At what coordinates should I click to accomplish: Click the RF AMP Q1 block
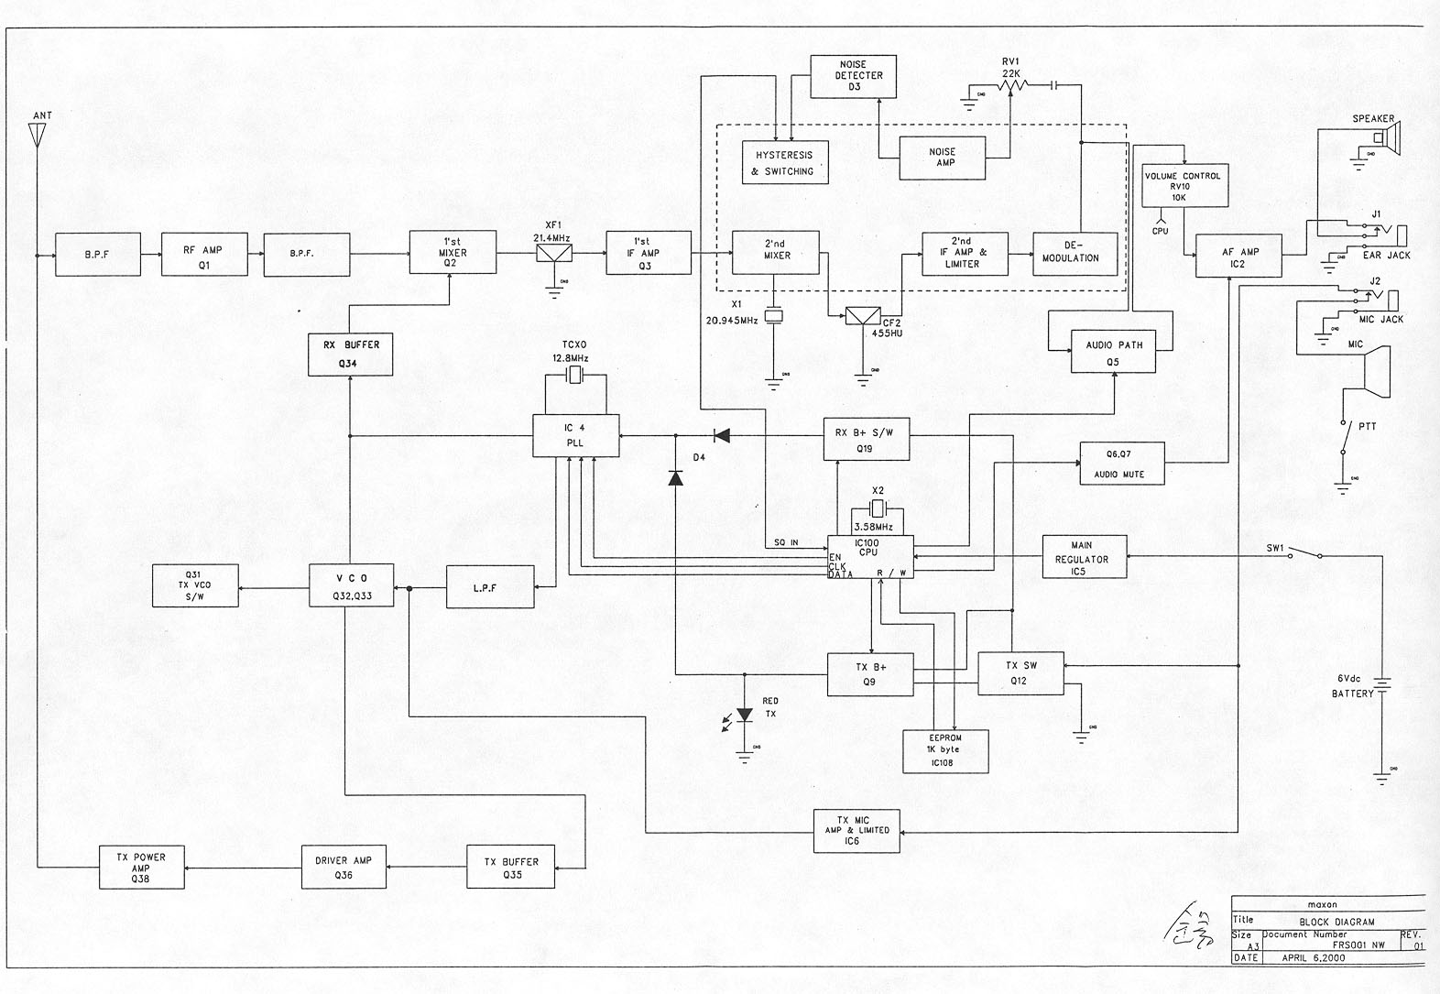click(x=204, y=256)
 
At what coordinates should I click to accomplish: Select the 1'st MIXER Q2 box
click(x=453, y=252)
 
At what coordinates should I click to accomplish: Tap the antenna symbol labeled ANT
click(x=38, y=136)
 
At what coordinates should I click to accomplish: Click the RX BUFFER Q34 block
click(x=351, y=354)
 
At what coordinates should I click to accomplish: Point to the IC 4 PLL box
click(x=575, y=435)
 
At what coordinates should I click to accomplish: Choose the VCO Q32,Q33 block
click(x=352, y=585)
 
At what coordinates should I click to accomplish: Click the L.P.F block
click(x=489, y=587)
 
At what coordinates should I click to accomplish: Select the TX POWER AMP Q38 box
click(x=140, y=868)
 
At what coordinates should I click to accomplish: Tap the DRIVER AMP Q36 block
click(x=344, y=867)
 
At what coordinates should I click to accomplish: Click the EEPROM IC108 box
click(x=944, y=750)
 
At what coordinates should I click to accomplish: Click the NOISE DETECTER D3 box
click(x=853, y=77)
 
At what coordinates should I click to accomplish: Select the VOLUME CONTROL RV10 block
click(x=1182, y=186)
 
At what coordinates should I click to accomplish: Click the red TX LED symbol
click(x=745, y=715)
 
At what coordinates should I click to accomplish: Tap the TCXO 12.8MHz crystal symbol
click(x=575, y=375)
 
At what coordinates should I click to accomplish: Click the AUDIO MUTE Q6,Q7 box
click(x=1121, y=464)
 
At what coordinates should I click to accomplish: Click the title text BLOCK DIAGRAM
click(x=1336, y=922)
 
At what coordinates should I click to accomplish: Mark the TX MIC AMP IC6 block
click(x=856, y=831)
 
